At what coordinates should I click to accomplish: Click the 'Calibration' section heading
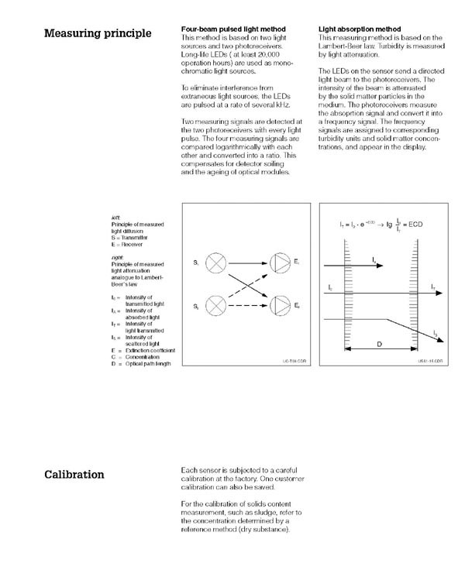74,474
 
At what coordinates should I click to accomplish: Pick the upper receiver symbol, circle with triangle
277,264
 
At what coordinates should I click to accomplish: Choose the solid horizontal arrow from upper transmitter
247,264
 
